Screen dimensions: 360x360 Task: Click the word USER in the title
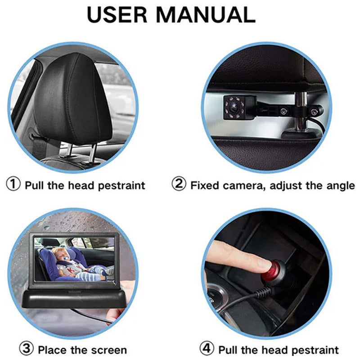coord(117,15)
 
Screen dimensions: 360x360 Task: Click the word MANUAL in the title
coord(206,15)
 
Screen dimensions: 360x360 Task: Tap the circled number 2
coord(179,184)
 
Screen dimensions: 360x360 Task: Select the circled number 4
coord(207,348)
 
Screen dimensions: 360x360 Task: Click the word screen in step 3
coord(109,351)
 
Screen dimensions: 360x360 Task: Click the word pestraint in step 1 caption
coord(122,186)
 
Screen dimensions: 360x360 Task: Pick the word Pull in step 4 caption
coord(228,350)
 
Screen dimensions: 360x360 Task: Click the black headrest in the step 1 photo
coord(73,99)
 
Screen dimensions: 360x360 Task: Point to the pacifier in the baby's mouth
coord(66,258)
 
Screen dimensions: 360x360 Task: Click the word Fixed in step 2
coord(205,185)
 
